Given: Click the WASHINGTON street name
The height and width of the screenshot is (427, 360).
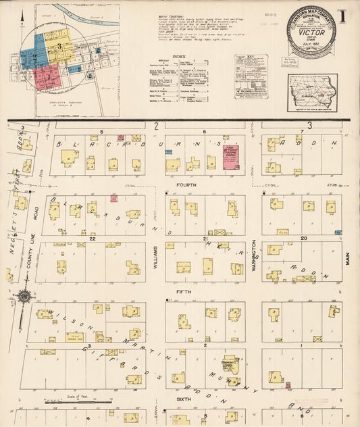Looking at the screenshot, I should pos(254,255).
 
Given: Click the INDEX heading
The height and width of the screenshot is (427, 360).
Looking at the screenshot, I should pos(179,57).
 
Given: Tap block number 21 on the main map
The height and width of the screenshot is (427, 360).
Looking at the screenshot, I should pos(204,238).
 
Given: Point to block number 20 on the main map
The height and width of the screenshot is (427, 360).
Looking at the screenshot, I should pos(303,238).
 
